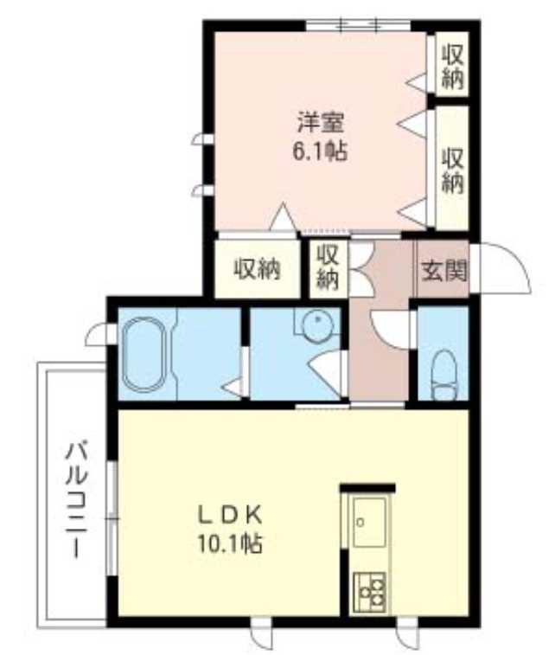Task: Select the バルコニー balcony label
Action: click(76, 500)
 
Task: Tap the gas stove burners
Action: click(373, 591)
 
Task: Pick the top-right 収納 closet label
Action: click(453, 67)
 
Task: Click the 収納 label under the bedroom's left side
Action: click(258, 269)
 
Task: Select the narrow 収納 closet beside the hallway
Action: click(328, 267)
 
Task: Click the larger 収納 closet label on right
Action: click(453, 170)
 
